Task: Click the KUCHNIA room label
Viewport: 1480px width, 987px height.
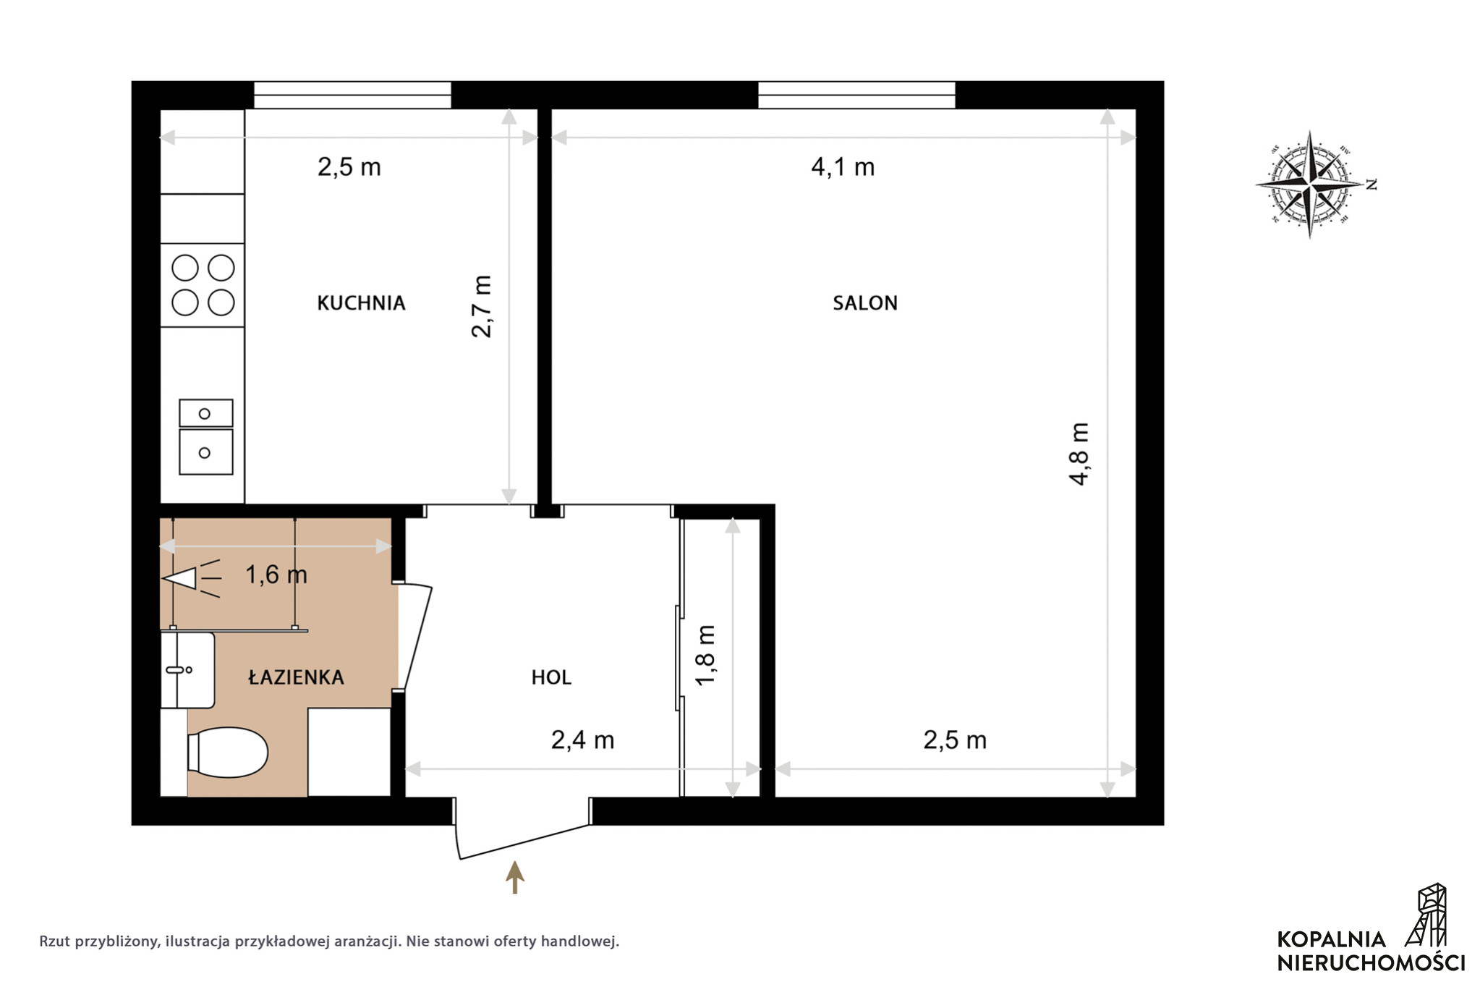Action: (361, 302)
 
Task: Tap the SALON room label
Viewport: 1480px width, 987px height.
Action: (864, 302)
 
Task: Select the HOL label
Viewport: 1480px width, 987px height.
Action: (551, 677)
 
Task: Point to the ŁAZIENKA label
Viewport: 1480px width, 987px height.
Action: (296, 677)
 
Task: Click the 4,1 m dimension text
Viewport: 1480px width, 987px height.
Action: (843, 167)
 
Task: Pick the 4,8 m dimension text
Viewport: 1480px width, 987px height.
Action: (1079, 454)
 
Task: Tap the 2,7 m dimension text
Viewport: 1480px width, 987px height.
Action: (481, 306)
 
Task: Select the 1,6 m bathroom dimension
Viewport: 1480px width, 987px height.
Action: (276, 575)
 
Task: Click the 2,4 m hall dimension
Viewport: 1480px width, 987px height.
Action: (582, 740)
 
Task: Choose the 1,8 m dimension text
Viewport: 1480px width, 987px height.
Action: (705, 654)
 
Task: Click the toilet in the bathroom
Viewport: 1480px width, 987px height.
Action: (227, 753)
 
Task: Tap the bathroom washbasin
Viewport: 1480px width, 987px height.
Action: (187, 670)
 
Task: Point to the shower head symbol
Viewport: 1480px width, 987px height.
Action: (191, 578)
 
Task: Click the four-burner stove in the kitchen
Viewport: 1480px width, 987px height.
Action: (203, 285)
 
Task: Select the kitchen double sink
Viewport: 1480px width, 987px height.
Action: (206, 437)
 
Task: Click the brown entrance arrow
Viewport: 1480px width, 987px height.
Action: (514, 877)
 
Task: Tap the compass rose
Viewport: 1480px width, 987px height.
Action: (1310, 185)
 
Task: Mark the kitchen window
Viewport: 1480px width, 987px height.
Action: (352, 96)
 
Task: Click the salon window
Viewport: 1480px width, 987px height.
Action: (856, 96)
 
